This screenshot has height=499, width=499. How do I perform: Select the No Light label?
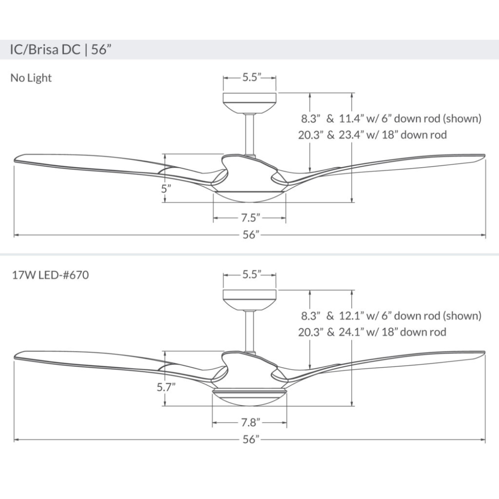coord(31,78)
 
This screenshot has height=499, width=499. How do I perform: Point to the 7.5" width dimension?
coord(249,218)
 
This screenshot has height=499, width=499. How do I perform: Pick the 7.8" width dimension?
coord(249,423)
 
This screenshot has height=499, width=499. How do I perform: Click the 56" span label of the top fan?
coord(249,235)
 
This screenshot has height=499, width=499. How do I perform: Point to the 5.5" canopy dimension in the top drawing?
coord(249,78)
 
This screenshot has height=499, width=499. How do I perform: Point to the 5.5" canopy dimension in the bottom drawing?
coord(249,274)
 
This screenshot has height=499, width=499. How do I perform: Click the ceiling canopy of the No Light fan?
coord(249,103)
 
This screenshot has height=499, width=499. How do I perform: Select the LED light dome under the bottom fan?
coord(249,398)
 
